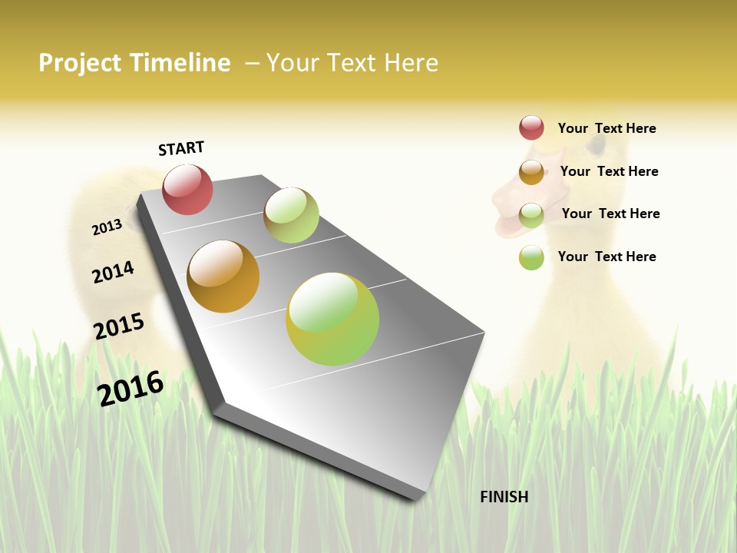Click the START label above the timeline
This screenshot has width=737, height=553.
pyautogui.click(x=181, y=148)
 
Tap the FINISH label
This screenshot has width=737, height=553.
pyautogui.click(x=504, y=497)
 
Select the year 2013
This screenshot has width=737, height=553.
pyautogui.click(x=107, y=227)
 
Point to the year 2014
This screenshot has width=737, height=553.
pyautogui.click(x=113, y=272)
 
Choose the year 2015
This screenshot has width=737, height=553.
pyautogui.click(x=119, y=326)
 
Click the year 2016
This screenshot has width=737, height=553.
pyautogui.click(x=131, y=388)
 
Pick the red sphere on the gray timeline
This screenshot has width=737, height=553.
pyautogui.click(x=187, y=189)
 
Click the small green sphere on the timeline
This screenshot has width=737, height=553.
pyautogui.click(x=291, y=215)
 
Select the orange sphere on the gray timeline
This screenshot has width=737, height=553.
pyautogui.click(x=223, y=276)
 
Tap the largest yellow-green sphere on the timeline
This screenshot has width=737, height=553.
pyautogui.click(x=332, y=319)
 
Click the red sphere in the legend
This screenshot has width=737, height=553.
pyautogui.click(x=531, y=128)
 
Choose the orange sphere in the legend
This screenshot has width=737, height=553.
pyautogui.click(x=531, y=172)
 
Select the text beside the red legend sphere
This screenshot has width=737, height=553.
pyautogui.click(x=606, y=128)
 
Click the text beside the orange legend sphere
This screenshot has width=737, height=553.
pyautogui.click(x=609, y=171)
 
